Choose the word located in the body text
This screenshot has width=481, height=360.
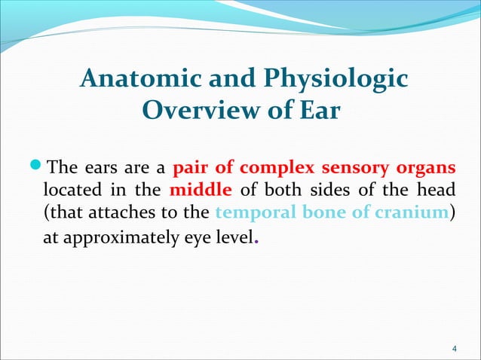click(71, 189)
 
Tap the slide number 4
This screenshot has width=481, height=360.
click(452, 348)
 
